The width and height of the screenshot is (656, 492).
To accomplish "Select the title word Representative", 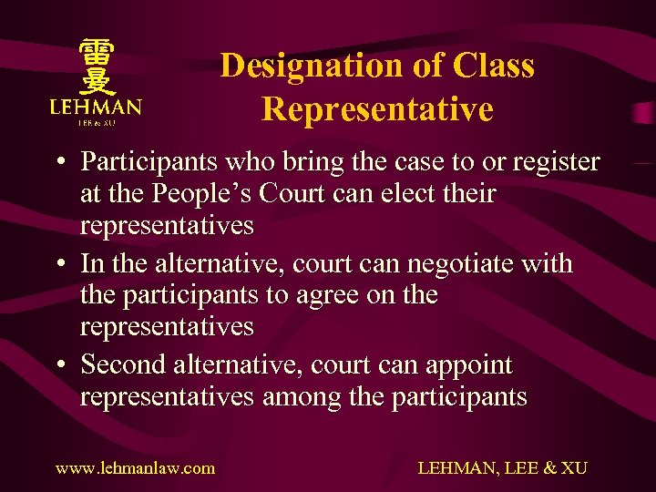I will click(x=377, y=109).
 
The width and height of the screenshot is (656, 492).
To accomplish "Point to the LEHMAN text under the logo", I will click(x=97, y=107).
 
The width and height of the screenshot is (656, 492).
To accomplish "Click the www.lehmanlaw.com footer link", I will click(x=136, y=468).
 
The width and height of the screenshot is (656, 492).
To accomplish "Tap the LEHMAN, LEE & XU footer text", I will click(x=502, y=468).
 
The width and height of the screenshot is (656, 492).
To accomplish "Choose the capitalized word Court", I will click(x=330, y=194).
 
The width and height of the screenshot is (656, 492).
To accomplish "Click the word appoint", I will click(x=466, y=365).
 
